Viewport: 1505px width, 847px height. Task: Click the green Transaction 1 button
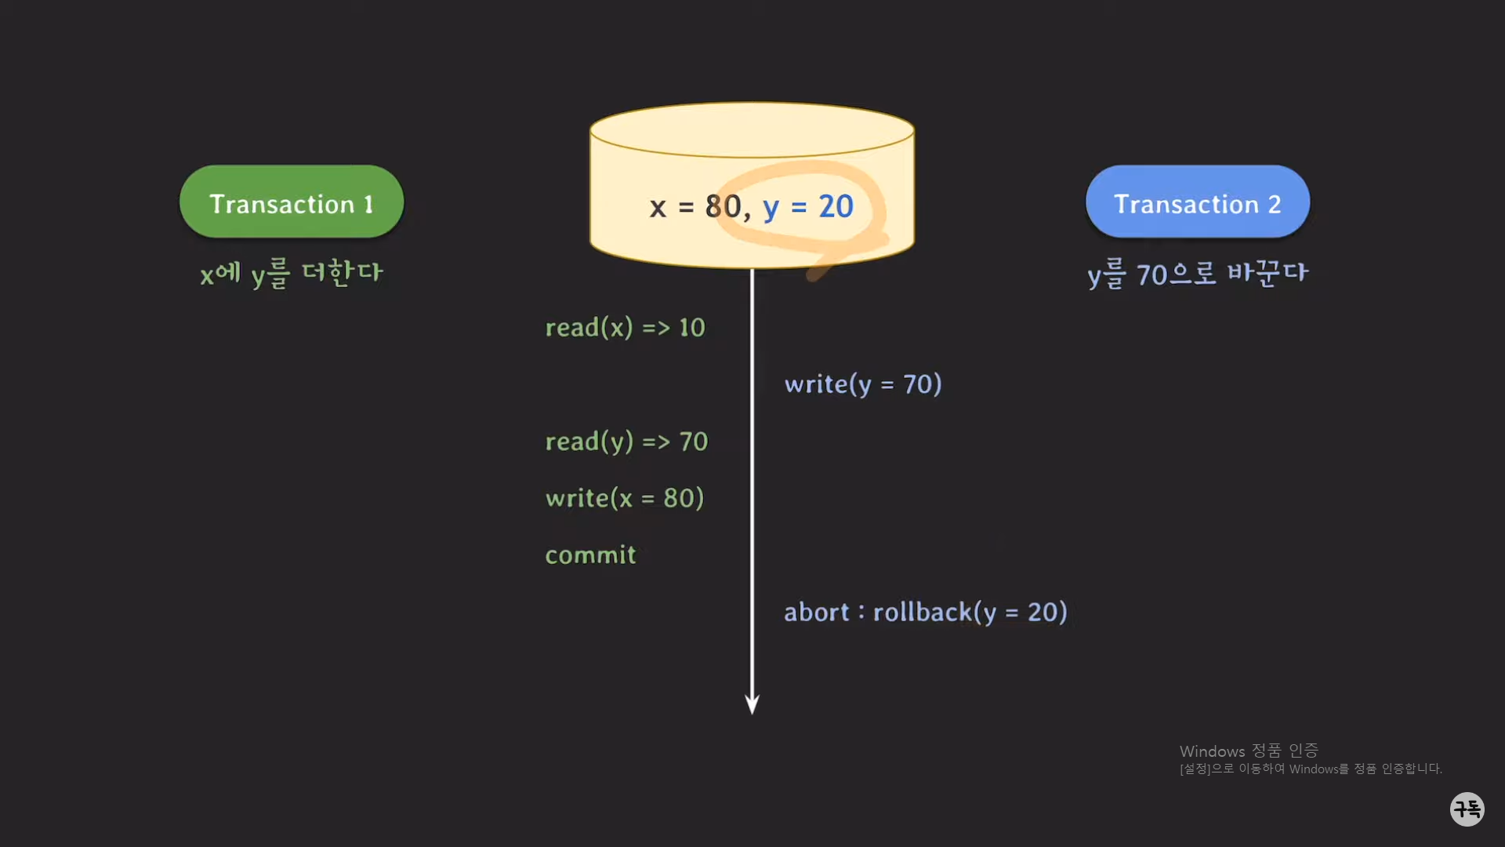pyautogui.click(x=292, y=202)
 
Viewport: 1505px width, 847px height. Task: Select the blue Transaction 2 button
pyautogui.click(x=1197, y=202)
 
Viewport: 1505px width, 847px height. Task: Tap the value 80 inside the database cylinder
pyautogui.click(x=723, y=206)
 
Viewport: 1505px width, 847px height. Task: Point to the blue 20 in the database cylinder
pyautogui.click(x=836, y=206)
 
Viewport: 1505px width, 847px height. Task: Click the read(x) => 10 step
pyautogui.click(x=625, y=327)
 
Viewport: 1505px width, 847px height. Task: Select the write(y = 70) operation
pyautogui.click(x=863, y=384)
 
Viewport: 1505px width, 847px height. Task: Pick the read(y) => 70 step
pyautogui.click(x=626, y=441)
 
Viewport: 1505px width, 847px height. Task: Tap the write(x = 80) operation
pyautogui.click(x=625, y=498)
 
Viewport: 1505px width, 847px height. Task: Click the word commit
pyautogui.click(x=590, y=555)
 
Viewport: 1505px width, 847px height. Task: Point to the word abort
pyautogui.click(x=816, y=612)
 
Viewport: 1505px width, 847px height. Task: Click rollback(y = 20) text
pyautogui.click(x=970, y=612)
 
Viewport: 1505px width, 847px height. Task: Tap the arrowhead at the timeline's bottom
pyautogui.click(x=752, y=703)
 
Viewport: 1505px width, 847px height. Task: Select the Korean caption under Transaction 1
pyautogui.click(x=292, y=273)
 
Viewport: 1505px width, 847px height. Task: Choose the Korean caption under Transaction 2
pyautogui.click(x=1198, y=274)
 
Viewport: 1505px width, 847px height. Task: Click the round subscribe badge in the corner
pyautogui.click(x=1467, y=809)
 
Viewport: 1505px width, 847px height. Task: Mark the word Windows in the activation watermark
pyautogui.click(x=1212, y=751)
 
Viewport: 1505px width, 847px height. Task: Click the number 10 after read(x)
pyautogui.click(x=692, y=327)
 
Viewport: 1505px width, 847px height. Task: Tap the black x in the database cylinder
pyautogui.click(x=658, y=208)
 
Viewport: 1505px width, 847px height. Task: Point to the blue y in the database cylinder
pyautogui.click(x=771, y=208)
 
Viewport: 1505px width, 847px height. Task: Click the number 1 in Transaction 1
pyautogui.click(x=368, y=205)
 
